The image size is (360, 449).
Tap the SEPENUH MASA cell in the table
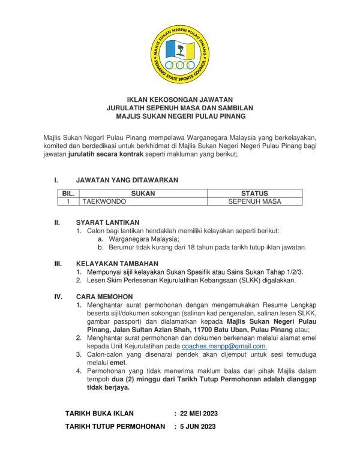point(254,202)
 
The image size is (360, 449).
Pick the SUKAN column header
point(143,194)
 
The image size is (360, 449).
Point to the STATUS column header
point(254,194)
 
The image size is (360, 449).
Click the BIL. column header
point(68,194)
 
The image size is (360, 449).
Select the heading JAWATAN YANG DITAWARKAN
point(127,180)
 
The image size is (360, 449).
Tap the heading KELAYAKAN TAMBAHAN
point(117,263)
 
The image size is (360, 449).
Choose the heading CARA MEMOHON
point(104,297)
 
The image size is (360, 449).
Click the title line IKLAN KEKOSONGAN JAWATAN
point(180,100)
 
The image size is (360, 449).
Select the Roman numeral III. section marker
point(58,263)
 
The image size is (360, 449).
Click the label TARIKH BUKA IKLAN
point(99,413)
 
